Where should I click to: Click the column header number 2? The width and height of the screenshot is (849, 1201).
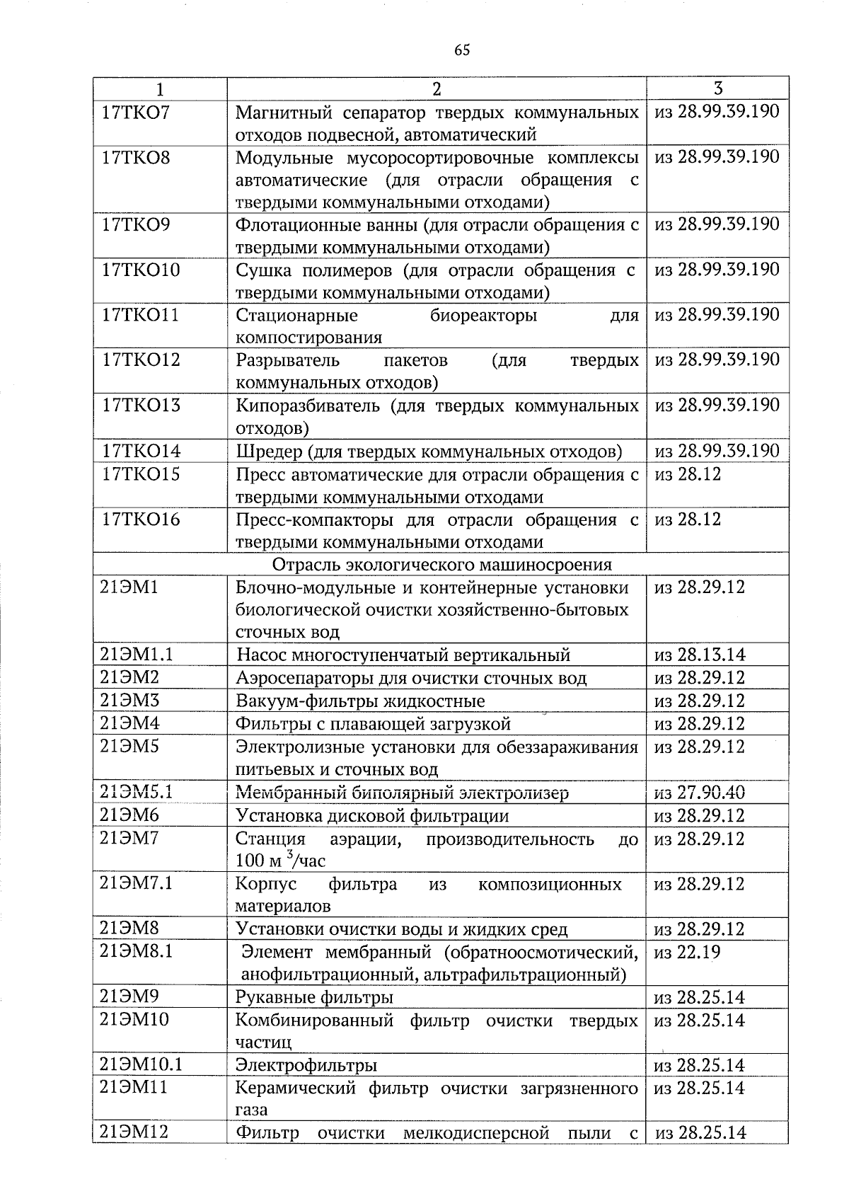436,88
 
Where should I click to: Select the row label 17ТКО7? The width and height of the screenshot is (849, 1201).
136,112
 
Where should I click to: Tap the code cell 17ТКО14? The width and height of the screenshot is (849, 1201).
141,451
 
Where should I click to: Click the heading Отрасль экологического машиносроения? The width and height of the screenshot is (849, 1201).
441,564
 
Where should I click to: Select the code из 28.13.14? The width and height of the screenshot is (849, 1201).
700,655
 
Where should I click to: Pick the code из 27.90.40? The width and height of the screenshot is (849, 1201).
700,793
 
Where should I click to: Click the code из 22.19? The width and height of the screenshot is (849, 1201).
688,952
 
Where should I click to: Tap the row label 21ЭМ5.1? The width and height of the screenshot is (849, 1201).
137,791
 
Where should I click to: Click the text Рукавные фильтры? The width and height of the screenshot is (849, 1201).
314,997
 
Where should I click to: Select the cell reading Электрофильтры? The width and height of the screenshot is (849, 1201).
306,1065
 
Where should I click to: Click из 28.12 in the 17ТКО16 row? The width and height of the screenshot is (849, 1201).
688,519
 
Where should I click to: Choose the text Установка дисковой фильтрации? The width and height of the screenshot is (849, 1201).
372,816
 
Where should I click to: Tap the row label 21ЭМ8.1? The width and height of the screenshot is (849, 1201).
137,950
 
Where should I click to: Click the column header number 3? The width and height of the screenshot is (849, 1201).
717,88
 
